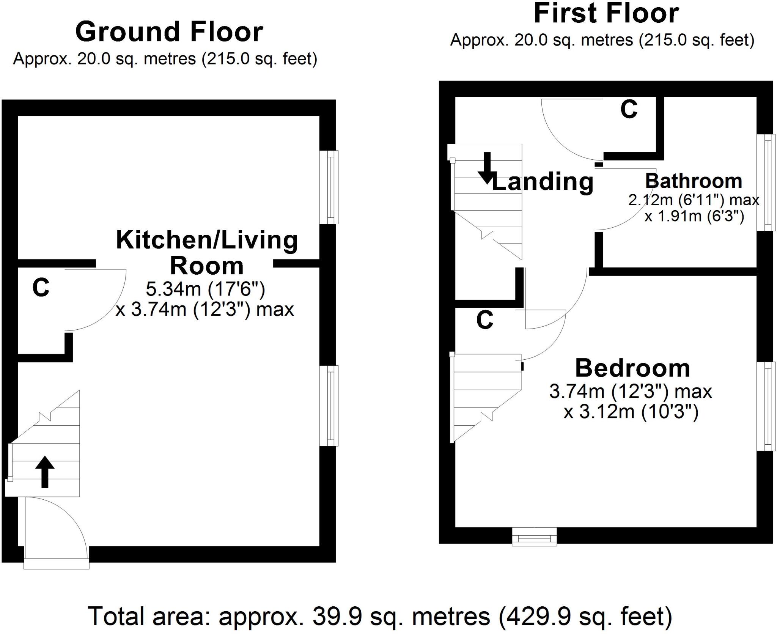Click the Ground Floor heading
point(169,32)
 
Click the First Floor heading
point(606,14)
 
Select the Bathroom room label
point(694,181)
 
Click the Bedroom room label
point(632,368)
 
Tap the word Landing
point(543,182)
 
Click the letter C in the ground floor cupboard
point(41,288)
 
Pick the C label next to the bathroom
point(629,110)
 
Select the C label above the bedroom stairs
point(485,320)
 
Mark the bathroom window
point(766,182)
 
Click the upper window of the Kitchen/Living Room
point(329,187)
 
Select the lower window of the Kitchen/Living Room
point(329,405)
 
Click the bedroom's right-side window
point(766,406)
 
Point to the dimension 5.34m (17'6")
point(205,289)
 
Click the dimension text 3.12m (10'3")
point(631,412)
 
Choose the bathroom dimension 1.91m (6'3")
point(694,216)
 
